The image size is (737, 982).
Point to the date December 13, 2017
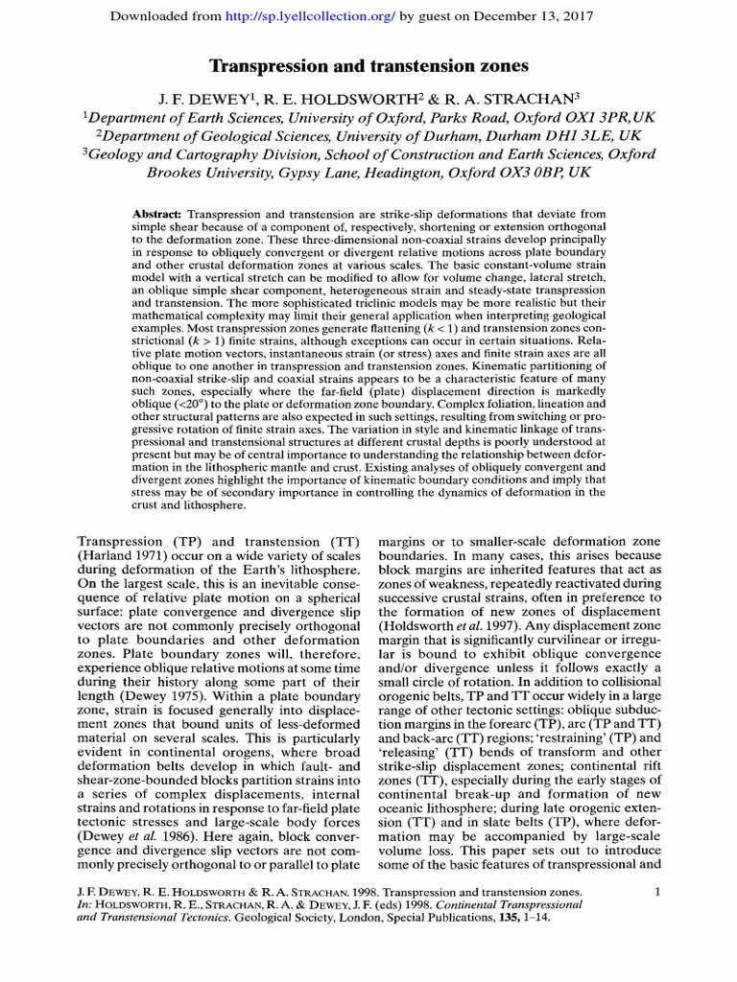pyautogui.click(x=532, y=17)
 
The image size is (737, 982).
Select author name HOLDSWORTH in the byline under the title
pyautogui.click(x=344, y=99)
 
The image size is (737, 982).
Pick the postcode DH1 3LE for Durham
pyautogui.click(x=598, y=136)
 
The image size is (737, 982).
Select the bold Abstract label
pyautogui.click(x=158, y=213)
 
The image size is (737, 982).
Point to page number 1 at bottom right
pyautogui.click(x=657, y=892)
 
